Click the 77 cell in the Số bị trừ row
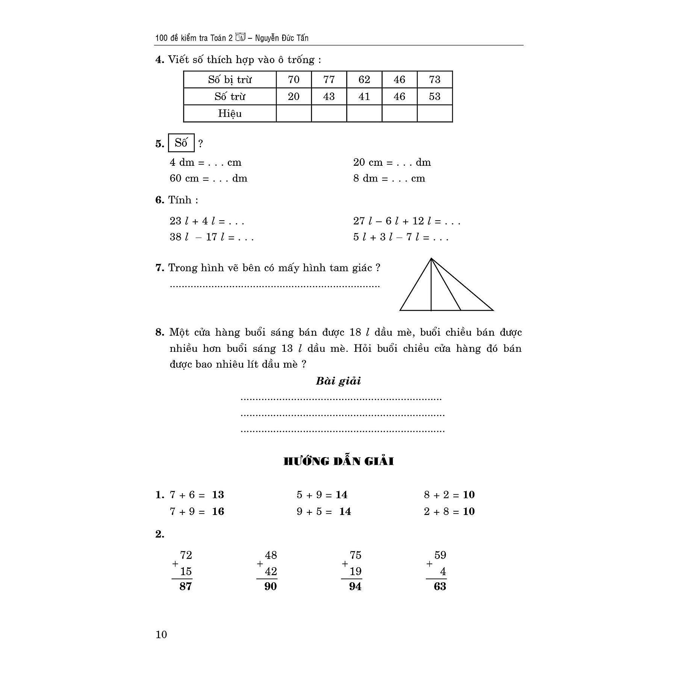(329, 79)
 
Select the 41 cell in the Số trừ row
(364, 97)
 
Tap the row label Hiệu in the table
(230, 114)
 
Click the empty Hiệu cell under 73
(435, 114)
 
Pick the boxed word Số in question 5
(181, 143)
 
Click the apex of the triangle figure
(431, 259)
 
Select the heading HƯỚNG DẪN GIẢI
(338, 461)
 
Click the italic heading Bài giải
(338, 381)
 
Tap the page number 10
(161, 635)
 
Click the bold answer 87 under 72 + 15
(186, 586)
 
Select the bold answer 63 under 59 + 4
(440, 586)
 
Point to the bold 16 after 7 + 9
(218, 511)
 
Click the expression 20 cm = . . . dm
(392, 162)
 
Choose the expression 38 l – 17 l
(211, 237)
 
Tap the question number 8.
(160, 332)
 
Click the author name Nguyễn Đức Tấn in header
(282, 38)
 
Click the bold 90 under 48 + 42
(271, 586)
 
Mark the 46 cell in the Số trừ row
(399, 97)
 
